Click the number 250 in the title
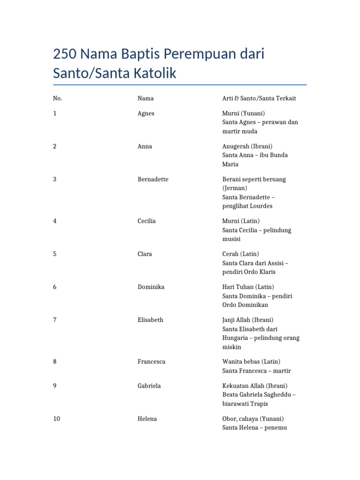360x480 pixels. click(65, 54)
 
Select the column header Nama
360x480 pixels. click(145, 98)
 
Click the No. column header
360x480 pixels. click(58, 98)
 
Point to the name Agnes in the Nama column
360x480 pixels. click(146, 113)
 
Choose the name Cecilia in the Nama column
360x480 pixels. click(147, 221)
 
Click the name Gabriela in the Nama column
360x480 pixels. click(149, 386)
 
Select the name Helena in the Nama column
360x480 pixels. click(147, 419)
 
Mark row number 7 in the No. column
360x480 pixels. click(55, 320)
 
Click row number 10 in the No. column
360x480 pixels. click(57, 419)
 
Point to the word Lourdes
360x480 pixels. click(262, 206)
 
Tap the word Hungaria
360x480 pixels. click(237, 338)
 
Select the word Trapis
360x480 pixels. click(259, 404)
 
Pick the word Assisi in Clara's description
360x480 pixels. click(273, 263)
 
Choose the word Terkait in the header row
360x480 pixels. click(285, 98)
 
